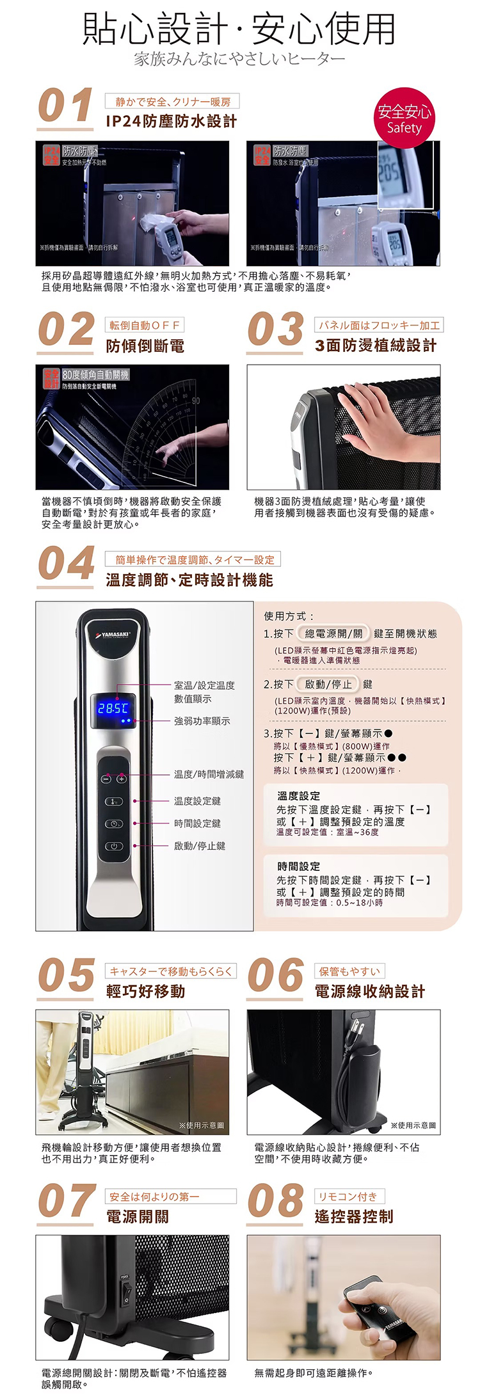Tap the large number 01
66,106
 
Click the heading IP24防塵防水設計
171,122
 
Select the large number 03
275,330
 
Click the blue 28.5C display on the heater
113,708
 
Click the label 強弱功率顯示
202,721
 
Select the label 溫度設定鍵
198,801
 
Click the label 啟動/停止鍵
200,846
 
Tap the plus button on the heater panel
121,779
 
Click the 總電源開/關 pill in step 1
333,633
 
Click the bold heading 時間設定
298,866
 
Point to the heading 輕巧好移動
146,991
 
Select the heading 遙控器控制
354,1216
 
